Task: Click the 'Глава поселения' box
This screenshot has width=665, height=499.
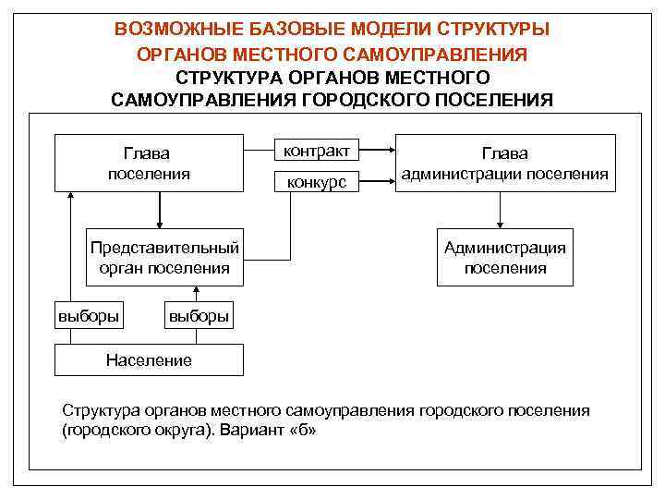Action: pos(149,163)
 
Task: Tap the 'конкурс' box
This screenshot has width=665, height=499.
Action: pos(316,182)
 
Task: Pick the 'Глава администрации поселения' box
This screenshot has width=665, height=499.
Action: pos(505,163)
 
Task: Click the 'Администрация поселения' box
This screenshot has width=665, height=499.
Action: pos(505,257)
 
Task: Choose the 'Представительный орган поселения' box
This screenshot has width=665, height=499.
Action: pos(164,257)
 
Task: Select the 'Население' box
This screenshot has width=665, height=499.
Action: pos(149,359)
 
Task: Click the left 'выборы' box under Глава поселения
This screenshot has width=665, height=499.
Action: pos(89,316)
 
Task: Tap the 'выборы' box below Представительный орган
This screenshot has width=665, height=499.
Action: pos(198,316)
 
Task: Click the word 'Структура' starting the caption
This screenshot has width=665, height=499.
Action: pos(98,410)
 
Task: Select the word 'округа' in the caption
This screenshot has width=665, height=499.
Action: pos(172,431)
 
